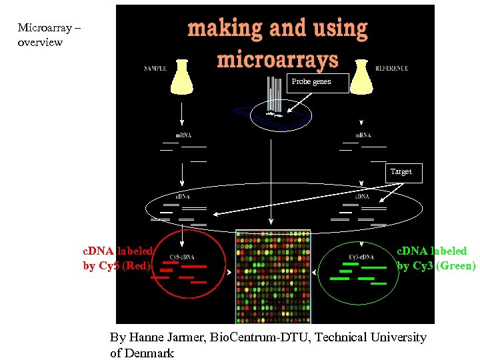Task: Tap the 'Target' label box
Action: point(401,172)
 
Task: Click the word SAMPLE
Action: point(155,69)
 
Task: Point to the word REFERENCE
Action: point(391,69)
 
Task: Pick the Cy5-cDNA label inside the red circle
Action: point(182,257)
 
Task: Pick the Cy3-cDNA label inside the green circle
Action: point(361,257)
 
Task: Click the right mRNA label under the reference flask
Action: point(363,135)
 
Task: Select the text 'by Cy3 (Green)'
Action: point(437,265)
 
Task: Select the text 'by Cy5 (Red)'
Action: point(117,265)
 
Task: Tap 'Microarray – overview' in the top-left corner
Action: point(40,35)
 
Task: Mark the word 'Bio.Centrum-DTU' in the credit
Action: point(259,337)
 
